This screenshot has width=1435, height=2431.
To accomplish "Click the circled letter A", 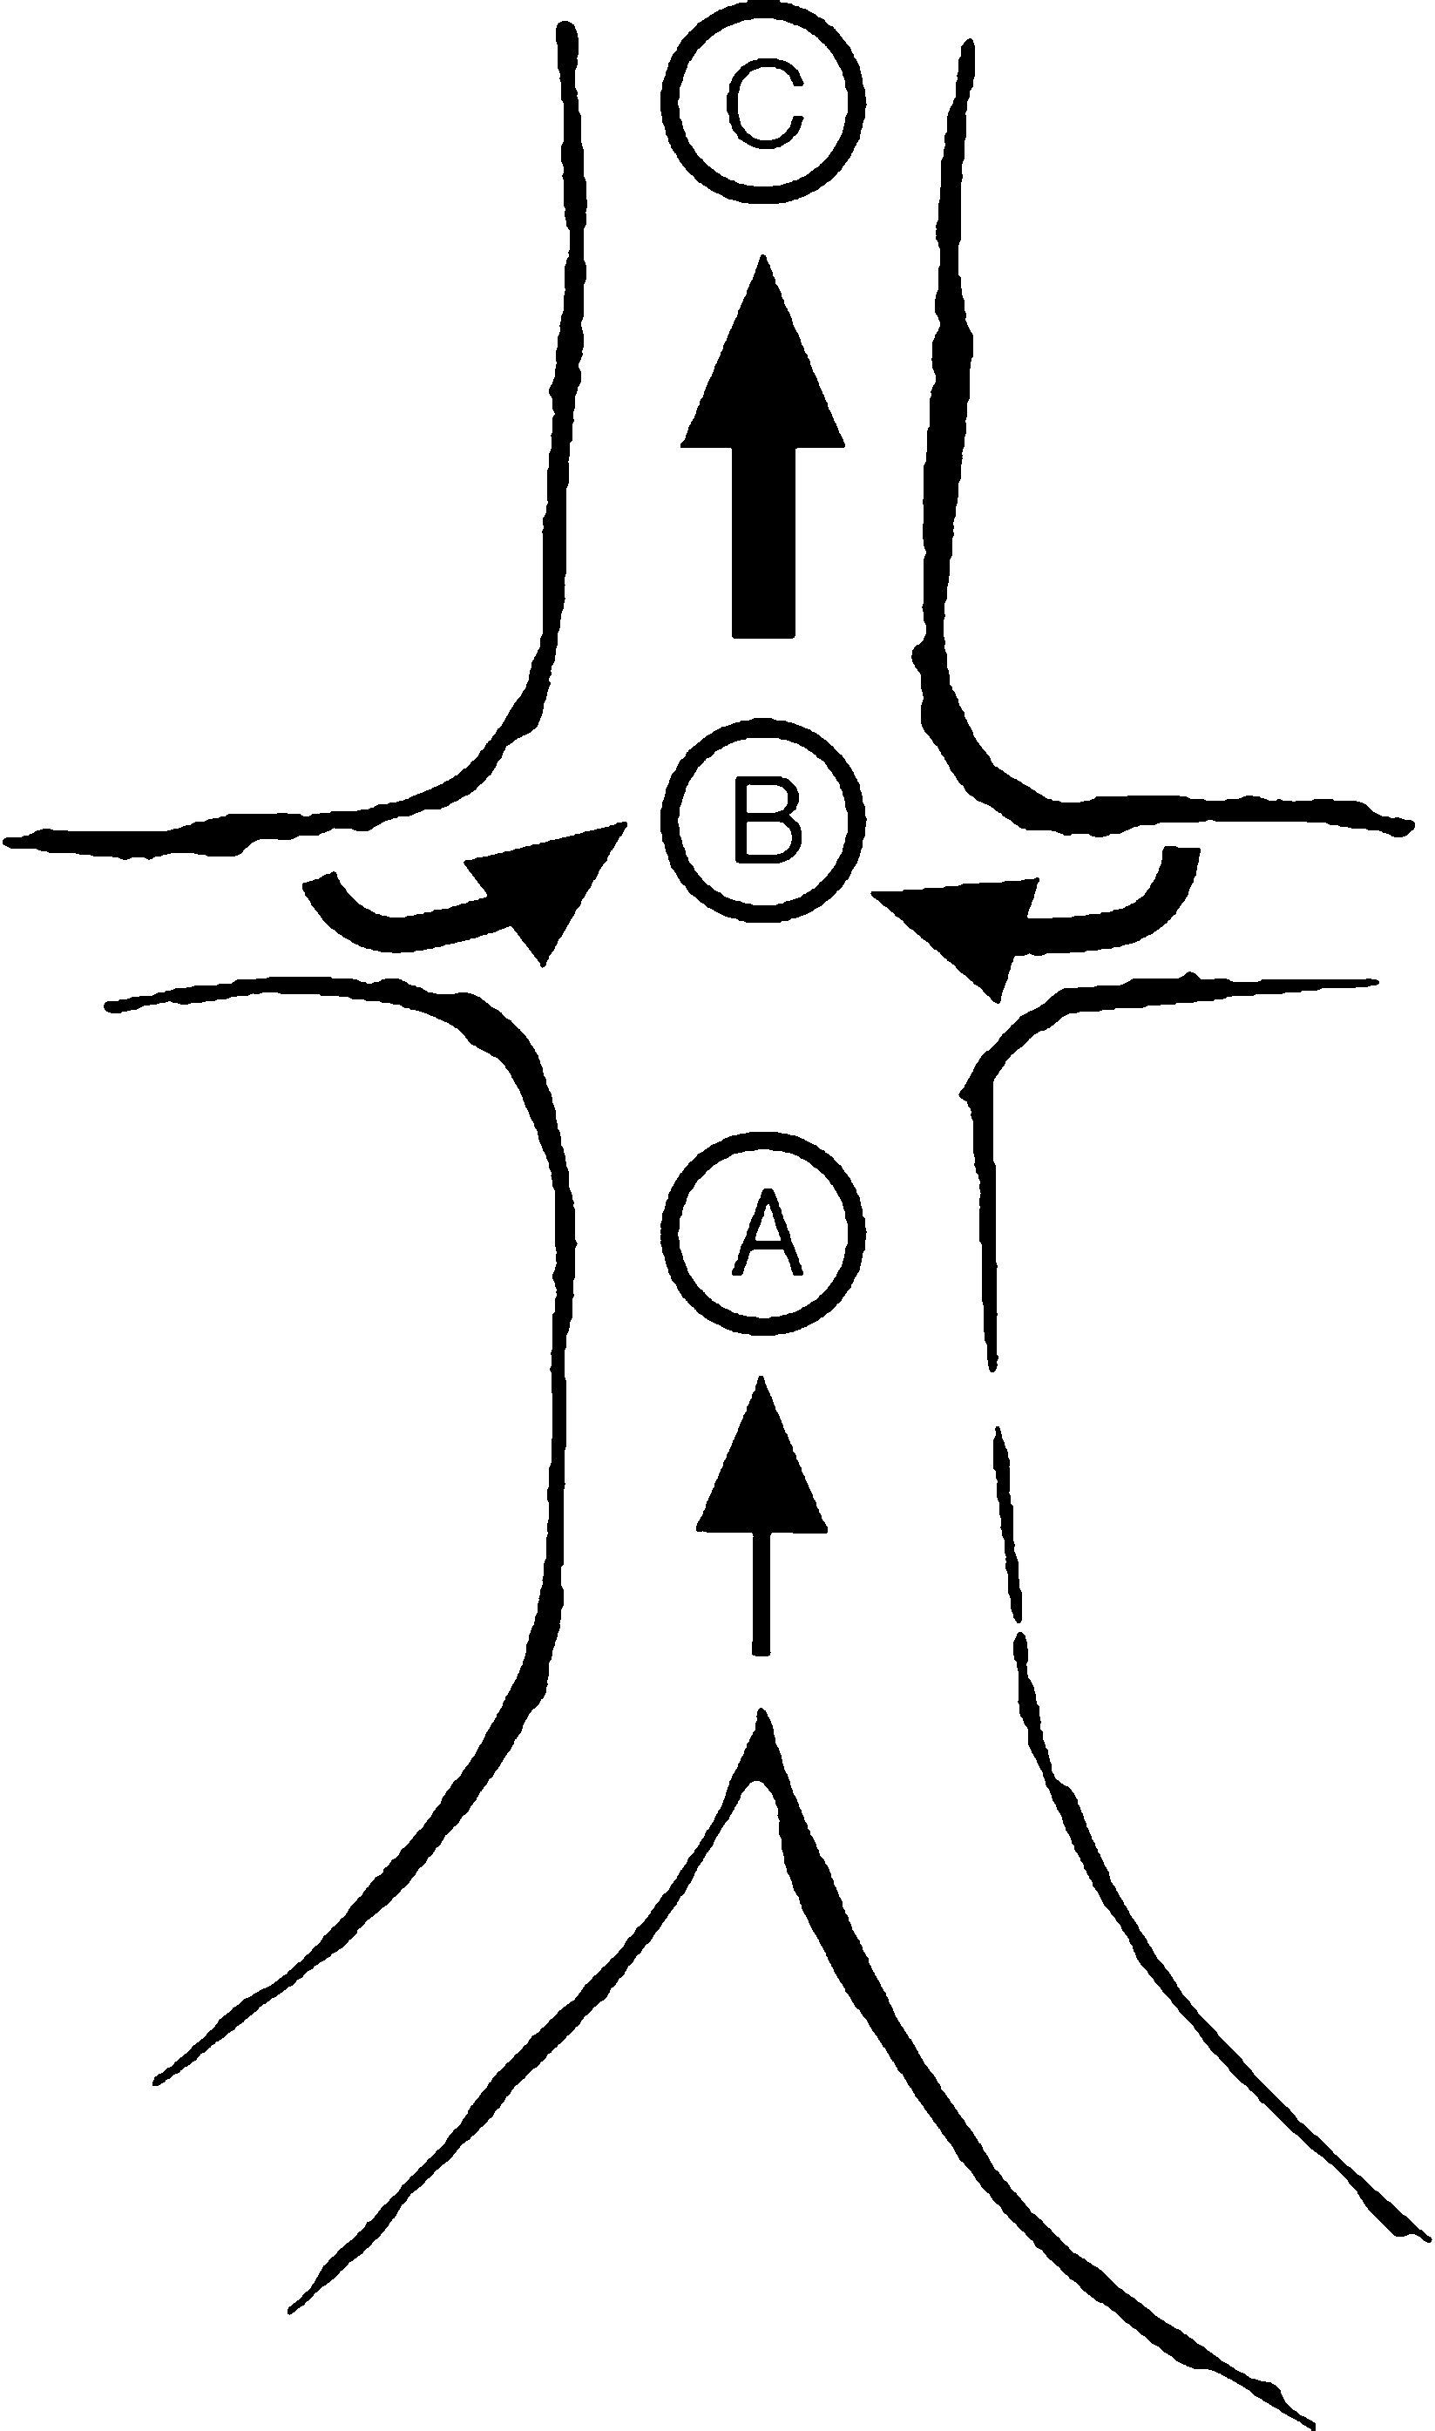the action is (x=764, y=1230).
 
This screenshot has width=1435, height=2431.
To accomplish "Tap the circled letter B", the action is (x=764, y=822).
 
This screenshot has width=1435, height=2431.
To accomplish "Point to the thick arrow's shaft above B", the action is (x=763, y=541).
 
